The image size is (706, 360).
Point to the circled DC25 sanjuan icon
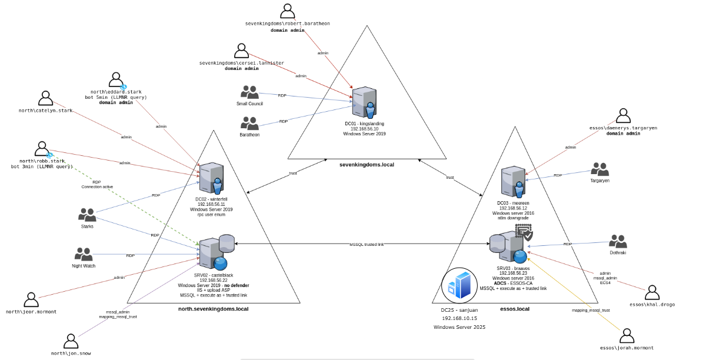tap(459, 285)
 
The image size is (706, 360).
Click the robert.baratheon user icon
tap(287, 11)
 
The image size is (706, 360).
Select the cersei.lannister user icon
tap(241, 51)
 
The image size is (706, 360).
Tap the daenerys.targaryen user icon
tap(623, 116)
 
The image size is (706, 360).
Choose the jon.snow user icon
tap(71, 341)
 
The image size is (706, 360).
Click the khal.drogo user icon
tap(652, 292)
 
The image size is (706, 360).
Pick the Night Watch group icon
tap(84, 254)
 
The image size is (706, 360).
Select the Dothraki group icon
tap(618, 241)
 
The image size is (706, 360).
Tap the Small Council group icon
tap(249, 92)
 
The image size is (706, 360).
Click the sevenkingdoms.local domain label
tap(367, 165)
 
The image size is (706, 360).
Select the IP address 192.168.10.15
tap(459, 318)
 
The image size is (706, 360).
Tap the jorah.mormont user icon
tap(627, 336)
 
